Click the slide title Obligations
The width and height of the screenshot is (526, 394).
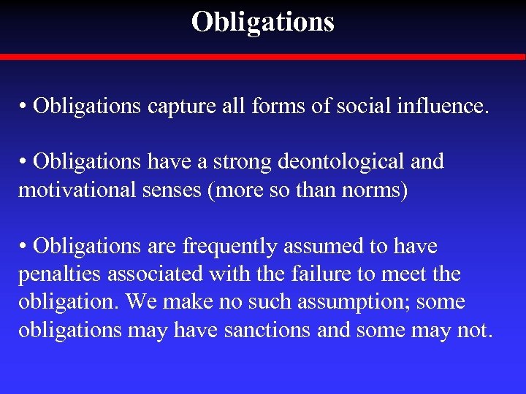263,22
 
